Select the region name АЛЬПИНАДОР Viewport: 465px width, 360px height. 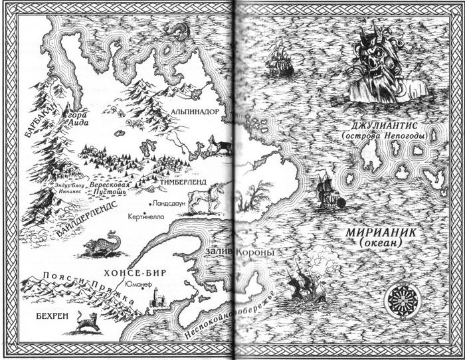(194, 112)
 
